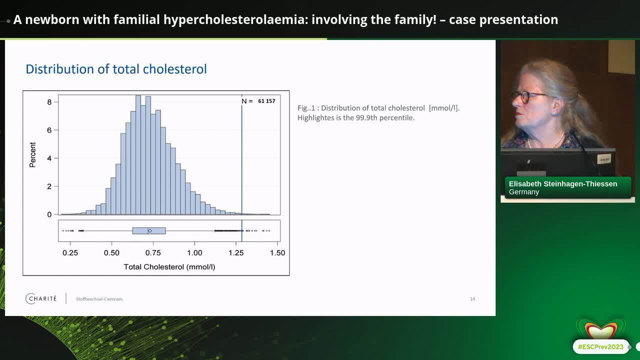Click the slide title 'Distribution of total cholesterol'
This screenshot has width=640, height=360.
click(x=116, y=69)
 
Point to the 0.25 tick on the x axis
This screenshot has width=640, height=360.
click(x=70, y=253)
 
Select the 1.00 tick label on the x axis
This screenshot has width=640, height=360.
click(x=194, y=253)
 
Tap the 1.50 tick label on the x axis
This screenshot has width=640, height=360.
click(x=277, y=253)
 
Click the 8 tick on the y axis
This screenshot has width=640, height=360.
click(x=49, y=102)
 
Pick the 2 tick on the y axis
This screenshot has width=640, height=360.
click(x=49, y=186)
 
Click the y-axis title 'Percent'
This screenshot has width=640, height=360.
click(x=32, y=155)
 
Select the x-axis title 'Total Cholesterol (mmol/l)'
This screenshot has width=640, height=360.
click(x=169, y=267)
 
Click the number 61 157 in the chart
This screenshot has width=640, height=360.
click(x=266, y=101)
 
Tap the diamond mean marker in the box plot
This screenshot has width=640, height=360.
click(x=149, y=230)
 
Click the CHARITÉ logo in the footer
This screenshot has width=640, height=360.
click(x=41, y=298)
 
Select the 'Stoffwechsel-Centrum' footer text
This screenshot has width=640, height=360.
click(x=99, y=299)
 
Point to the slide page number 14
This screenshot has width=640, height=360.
click(x=472, y=299)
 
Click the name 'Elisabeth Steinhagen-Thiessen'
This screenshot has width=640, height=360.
click(x=563, y=183)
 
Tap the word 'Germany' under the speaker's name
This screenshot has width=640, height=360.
click(x=524, y=192)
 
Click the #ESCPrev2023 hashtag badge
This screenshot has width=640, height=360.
click(x=600, y=347)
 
